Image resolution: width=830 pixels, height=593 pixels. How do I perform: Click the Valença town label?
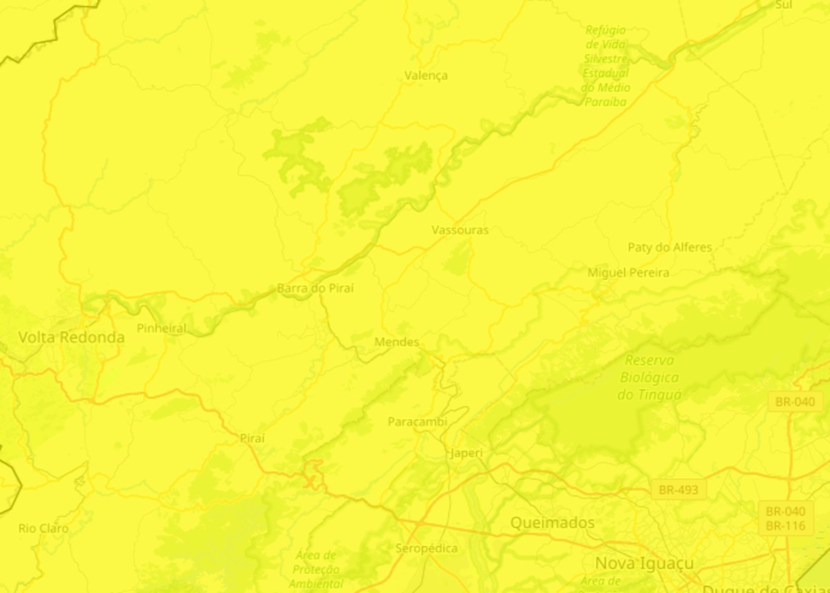(426, 75)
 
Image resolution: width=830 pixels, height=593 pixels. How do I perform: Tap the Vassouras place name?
(460, 230)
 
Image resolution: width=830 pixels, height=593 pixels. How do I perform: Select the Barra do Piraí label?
(315, 288)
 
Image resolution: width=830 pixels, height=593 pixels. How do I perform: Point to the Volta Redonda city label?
(71, 338)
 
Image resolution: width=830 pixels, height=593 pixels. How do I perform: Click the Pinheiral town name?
(161, 328)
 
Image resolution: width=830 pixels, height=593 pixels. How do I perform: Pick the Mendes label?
(396, 342)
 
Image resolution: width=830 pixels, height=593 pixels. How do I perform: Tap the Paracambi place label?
(417, 421)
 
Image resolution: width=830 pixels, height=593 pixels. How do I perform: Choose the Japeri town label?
(465, 453)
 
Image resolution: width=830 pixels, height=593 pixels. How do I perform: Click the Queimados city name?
(552, 522)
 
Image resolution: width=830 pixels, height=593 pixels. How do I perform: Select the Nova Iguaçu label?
(644, 563)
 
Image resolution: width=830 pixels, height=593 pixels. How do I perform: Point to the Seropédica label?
(426, 549)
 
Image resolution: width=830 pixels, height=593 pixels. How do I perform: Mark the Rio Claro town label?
(44, 529)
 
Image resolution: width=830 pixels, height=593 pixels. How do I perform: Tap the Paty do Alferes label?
(670, 247)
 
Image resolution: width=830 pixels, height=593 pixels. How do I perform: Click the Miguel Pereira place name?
(628, 273)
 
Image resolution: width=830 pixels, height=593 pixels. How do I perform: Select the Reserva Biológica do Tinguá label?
(649, 378)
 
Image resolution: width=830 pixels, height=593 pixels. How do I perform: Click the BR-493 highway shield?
(679, 490)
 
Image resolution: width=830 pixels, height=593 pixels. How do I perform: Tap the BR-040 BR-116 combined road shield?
(785, 519)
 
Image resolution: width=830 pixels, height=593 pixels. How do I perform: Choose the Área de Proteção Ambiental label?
(315, 569)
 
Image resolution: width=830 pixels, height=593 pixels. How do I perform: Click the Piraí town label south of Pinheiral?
(252, 439)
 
